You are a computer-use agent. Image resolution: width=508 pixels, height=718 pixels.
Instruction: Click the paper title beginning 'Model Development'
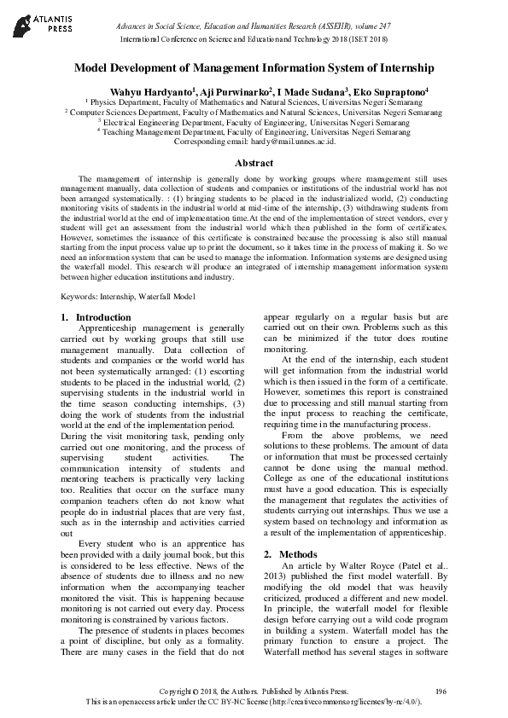(x=254, y=67)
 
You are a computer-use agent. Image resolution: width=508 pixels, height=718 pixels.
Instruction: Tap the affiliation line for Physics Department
(x=254, y=101)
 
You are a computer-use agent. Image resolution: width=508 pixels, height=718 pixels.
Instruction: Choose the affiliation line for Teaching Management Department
(x=254, y=132)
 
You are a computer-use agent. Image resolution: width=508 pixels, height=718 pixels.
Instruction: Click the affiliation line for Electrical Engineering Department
(x=254, y=122)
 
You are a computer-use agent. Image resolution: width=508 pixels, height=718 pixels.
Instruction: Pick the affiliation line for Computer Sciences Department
(x=254, y=112)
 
